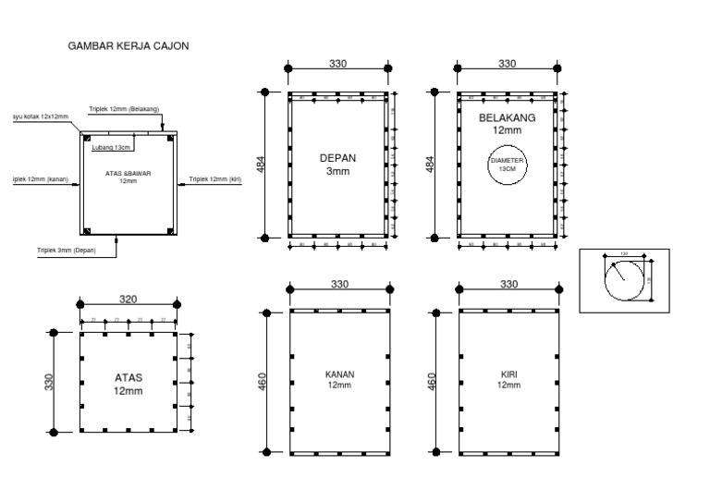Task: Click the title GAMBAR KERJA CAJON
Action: click(x=129, y=44)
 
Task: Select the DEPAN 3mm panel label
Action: click(x=337, y=164)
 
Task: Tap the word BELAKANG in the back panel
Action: click(x=507, y=118)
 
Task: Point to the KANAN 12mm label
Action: click(x=339, y=379)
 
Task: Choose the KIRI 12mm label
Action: click(x=508, y=379)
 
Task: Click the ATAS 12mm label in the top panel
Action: click(x=129, y=385)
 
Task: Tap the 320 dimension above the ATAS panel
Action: click(x=129, y=299)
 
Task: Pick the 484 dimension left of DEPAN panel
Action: click(x=261, y=165)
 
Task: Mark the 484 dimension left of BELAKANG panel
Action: click(x=429, y=165)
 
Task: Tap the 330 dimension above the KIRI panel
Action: click(x=508, y=285)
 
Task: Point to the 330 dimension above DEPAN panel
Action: click(x=338, y=64)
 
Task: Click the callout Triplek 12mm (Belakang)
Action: click(x=125, y=108)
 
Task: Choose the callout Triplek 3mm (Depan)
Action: click(x=66, y=250)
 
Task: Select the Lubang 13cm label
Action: click(x=110, y=147)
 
